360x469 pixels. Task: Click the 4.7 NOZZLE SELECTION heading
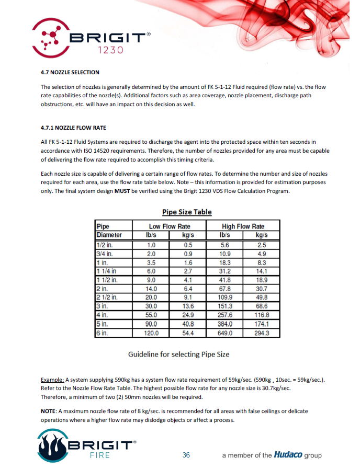pyautogui.click(x=70, y=72)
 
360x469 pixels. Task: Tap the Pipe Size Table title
pyautogui.click(x=187, y=212)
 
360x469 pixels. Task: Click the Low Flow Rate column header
pyautogui.click(x=170, y=226)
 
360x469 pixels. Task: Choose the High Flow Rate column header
pyautogui.click(x=243, y=226)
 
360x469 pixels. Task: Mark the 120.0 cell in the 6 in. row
pyautogui.click(x=151, y=333)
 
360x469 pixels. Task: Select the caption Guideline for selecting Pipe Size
pyautogui.click(x=179, y=354)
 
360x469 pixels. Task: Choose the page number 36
pyautogui.click(x=186, y=455)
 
